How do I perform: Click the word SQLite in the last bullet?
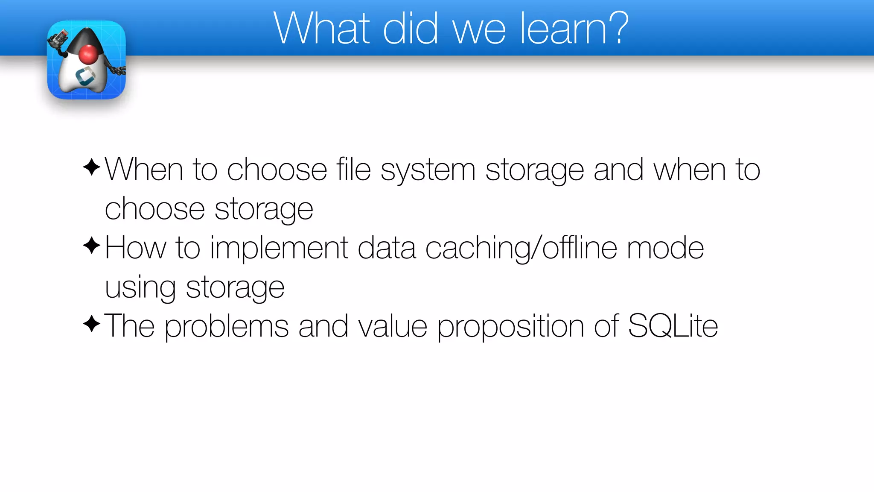[673, 326]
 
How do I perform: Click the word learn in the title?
[561, 29]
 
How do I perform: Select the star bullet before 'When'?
[92, 167]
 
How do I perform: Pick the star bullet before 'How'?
[92, 246]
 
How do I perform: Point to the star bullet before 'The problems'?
[92, 324]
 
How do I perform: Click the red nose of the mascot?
[89, 54]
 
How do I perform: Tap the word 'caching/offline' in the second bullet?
[521, 249]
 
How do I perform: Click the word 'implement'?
[279, 249]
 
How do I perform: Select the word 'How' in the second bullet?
[135, 248]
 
